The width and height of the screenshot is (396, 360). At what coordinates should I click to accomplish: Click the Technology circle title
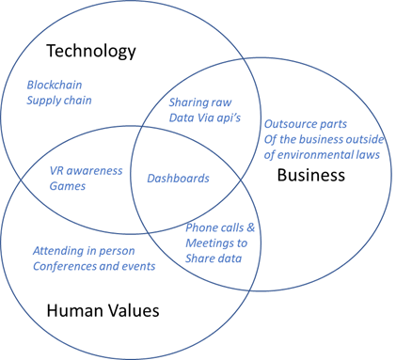coord(91,52)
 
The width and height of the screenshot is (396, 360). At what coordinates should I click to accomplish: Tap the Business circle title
coord(311,175)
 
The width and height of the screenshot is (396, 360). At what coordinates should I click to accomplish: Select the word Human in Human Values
coord(75,310)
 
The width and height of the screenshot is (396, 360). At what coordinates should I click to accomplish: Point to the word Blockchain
coord(55,85)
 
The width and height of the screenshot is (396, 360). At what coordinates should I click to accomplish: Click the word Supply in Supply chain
coord(41,101)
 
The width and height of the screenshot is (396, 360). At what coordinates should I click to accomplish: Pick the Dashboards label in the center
coord(178,179)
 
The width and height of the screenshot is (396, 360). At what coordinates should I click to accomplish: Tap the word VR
coord(56,171)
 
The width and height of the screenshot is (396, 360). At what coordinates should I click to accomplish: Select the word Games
coord(68,186)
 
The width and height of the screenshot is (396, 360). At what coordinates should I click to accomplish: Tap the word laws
coord(370,155)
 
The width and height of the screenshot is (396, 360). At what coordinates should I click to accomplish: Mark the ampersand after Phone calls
coord(250,227)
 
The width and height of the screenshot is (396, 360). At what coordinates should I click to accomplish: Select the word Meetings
coord(208,243)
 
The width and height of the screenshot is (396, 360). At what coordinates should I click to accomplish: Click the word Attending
coord(58,251)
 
